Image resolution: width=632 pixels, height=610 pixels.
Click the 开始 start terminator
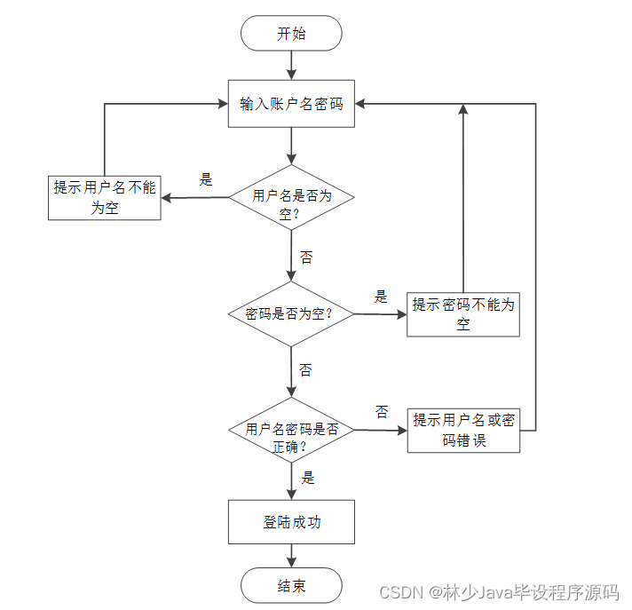[x=291, y=34]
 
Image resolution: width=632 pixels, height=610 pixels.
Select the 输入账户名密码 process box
[x=291, y=105]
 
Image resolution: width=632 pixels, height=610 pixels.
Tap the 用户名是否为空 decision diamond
[x=291, y=197]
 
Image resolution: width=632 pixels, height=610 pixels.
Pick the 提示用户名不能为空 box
[x=104, y=197]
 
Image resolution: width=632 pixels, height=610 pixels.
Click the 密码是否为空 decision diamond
[x=291, y=313]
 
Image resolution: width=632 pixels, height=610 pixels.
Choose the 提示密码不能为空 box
[x=463, y=314]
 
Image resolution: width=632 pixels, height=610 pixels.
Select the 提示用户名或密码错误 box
[x=463, y=431]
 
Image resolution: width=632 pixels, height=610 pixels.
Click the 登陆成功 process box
[x=291, y=522]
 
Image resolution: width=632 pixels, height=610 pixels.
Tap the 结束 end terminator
[x=291, y=586]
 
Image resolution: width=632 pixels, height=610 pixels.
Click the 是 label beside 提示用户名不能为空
[x=206, y=180]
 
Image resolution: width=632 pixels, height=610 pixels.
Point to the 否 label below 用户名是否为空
[x=306, y=257]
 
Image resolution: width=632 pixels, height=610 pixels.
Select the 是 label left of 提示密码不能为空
[x=382, y=297]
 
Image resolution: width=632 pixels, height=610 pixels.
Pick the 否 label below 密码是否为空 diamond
[x=305, y=369]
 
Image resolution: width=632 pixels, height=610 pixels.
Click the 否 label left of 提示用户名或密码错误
[x=382, y=412]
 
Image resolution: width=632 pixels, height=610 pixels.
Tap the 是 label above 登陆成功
[x=307, y=478]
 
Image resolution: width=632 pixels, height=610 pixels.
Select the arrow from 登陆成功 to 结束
[x=291, y=556]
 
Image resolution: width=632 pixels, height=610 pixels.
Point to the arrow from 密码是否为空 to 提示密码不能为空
[x=380, y=313]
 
